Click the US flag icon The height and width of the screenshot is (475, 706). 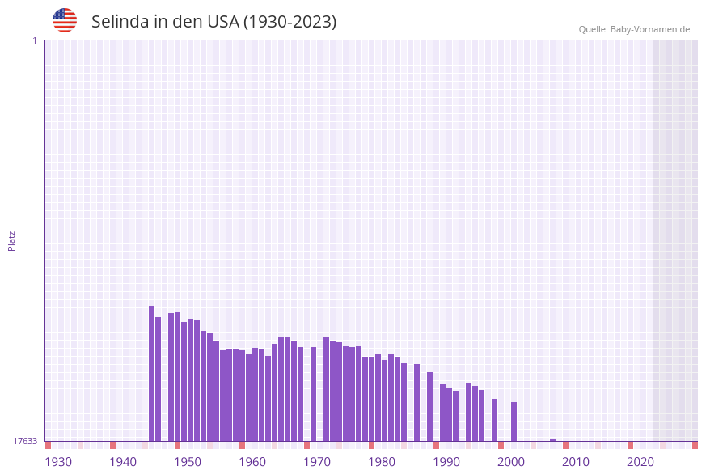pos(65,20)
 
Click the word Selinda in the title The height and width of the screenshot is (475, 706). pos(120,22)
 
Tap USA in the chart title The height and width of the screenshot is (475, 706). pos(223,22)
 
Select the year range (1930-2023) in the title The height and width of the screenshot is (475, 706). pos(290,22)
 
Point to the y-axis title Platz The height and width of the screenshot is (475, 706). pos(12,240)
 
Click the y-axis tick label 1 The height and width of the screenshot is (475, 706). pos(35,40)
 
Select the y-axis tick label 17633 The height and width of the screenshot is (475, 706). pos(25,441)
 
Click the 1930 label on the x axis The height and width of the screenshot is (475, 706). pos(58,462)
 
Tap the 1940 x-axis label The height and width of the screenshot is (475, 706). pos(123,462)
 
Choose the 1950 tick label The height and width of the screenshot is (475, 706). pos(188,462)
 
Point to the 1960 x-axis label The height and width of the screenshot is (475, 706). pos(252,462)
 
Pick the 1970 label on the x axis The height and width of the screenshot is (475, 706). pos(317,462)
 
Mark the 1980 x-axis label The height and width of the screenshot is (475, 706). pos(382,462)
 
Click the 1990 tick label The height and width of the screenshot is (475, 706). pos(446,462)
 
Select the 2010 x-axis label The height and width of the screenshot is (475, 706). pos(576,462)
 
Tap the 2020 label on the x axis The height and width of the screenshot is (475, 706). pos(640,462)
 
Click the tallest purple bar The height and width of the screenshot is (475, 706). pos(151,373)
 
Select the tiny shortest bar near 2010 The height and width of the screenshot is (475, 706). pos(552,439)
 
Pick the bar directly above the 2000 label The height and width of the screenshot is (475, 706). pos(514,421)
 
